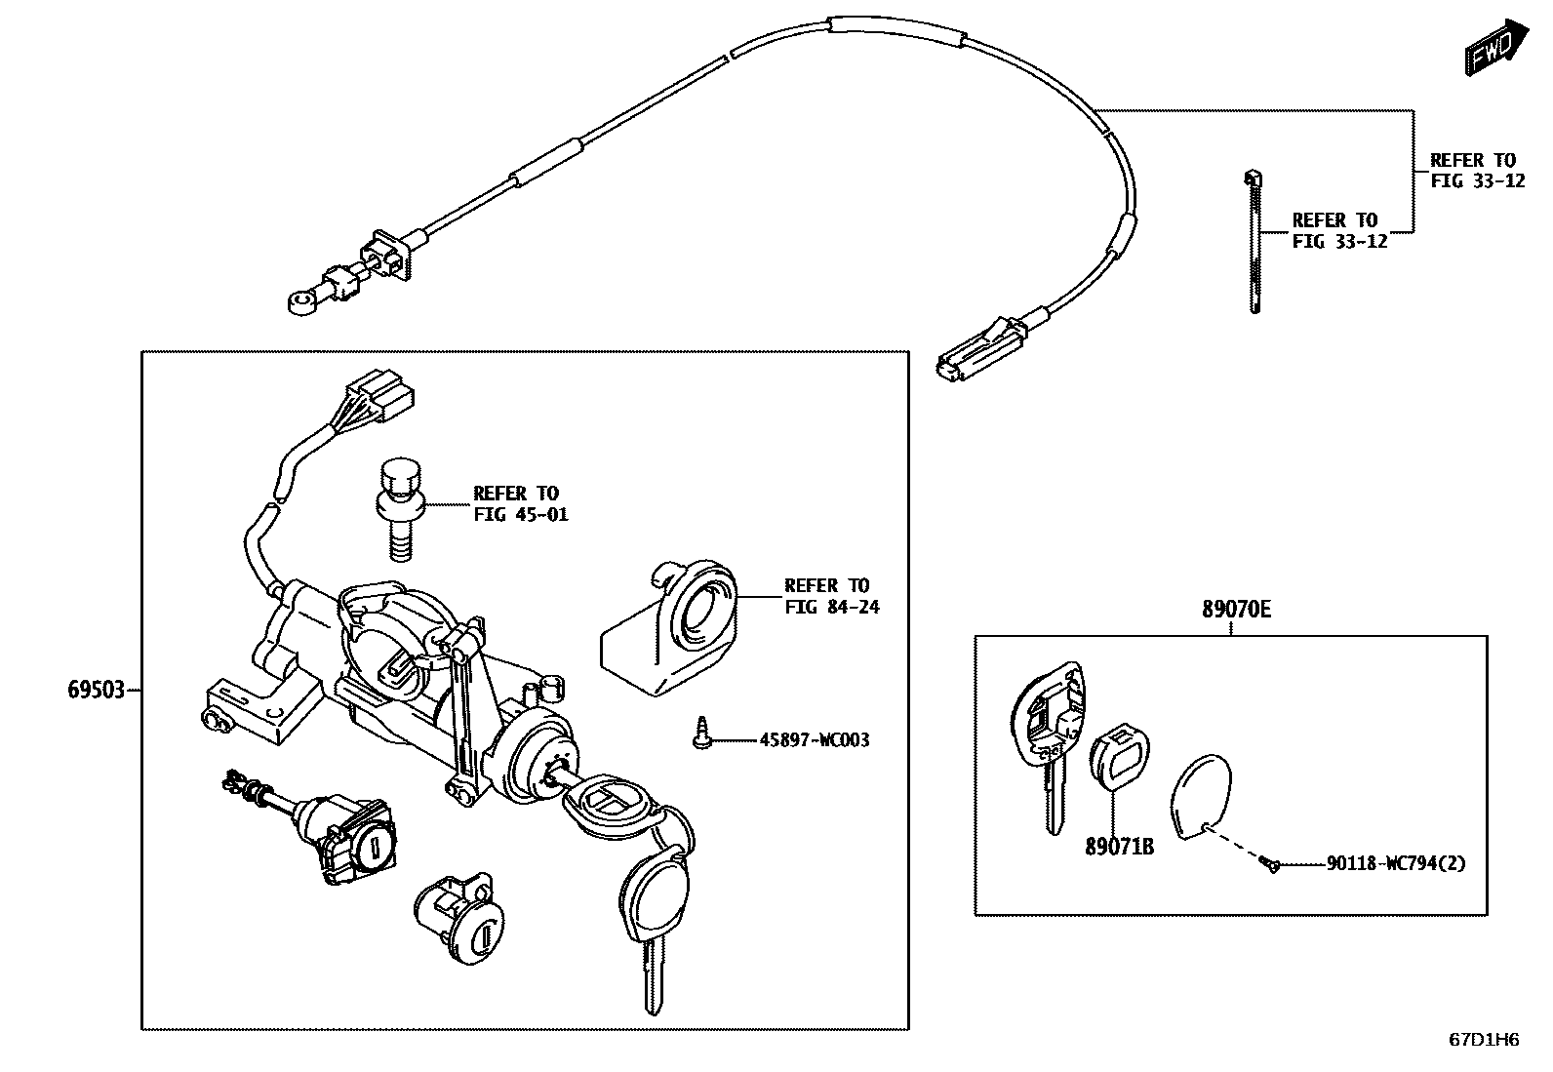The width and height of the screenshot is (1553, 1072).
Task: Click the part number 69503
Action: [x=96, y=691]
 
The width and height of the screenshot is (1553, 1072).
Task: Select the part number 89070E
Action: [x=1236, y=611]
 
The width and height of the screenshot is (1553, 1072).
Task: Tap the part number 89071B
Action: [x=1119, y=847]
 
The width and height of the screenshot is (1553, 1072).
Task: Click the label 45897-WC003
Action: [x=814, y=740]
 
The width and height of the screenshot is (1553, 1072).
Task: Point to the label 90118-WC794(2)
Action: [x=1395, y=863]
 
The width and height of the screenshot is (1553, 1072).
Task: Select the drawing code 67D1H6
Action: [x=1483, y=1040]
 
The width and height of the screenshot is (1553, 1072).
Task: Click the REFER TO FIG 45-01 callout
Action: [x=520, y=503]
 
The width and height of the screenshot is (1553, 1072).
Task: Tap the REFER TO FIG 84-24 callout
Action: [x=831, y=596]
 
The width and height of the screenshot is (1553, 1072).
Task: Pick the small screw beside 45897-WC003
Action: [x=700, y=735]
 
